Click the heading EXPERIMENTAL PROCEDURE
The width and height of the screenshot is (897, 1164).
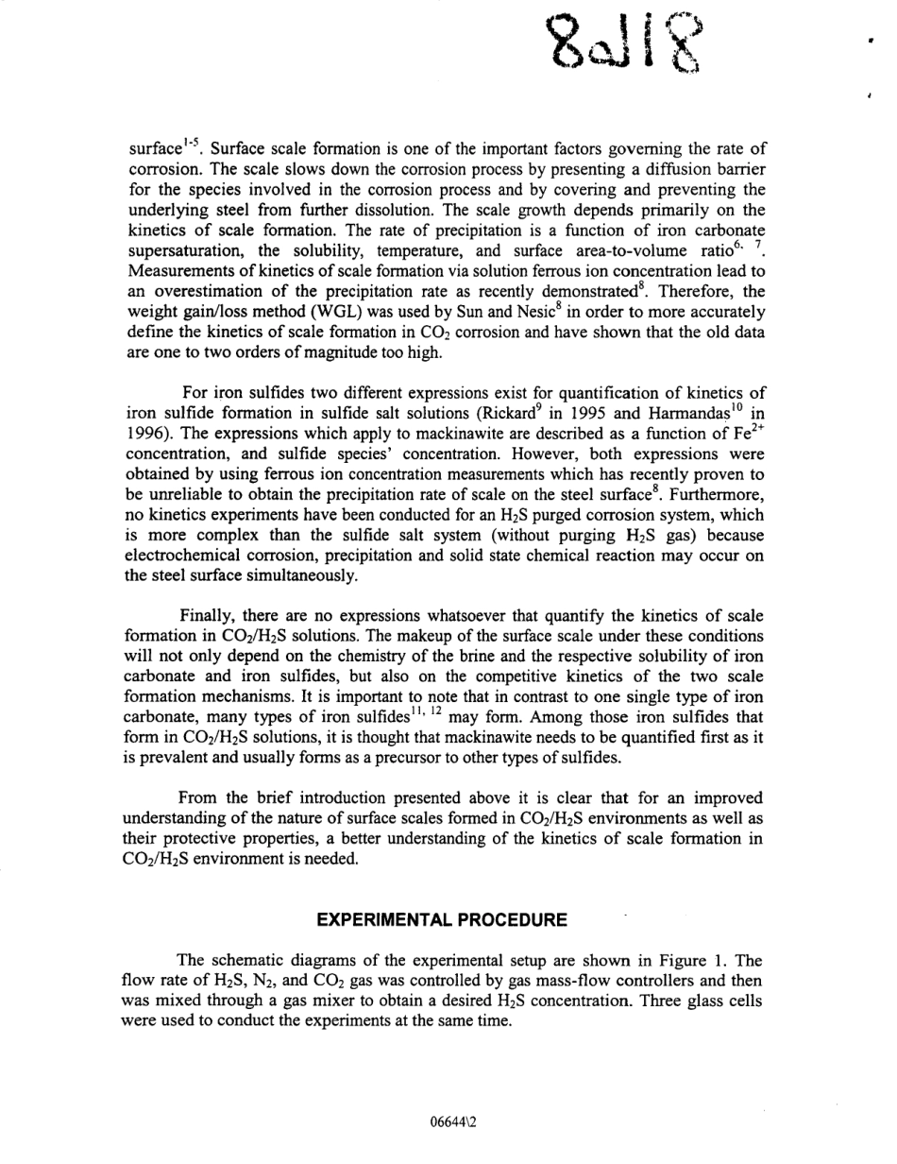442,919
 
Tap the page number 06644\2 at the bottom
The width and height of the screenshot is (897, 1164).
456,1122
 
